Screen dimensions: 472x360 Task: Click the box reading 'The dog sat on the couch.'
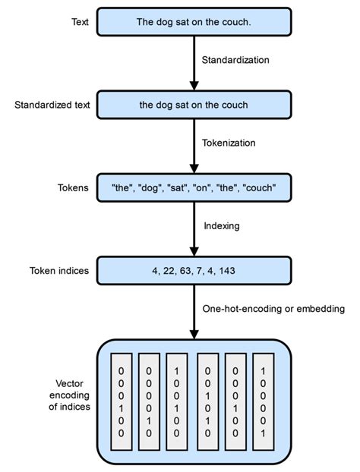click(x=194, y=22)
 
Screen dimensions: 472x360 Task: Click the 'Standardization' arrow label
click(x=236, y=59)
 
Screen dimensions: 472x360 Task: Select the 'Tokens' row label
click(x=71, y=187)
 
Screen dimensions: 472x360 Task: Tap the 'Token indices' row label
click(x=59, y=271)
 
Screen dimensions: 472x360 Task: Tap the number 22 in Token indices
click(x=169, y=271)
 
